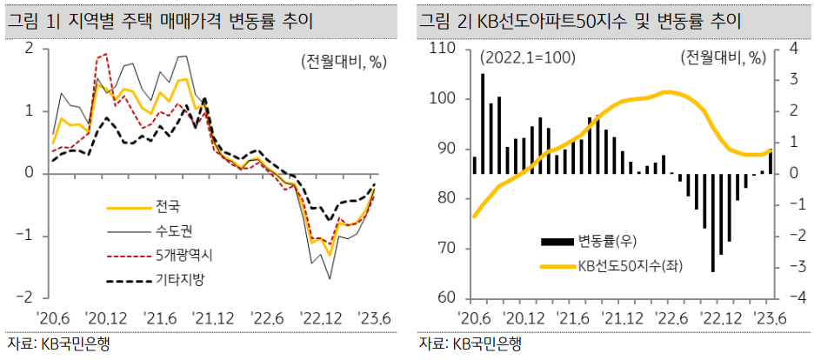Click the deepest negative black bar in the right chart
point(713,223)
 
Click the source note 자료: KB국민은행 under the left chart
point(58,343)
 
